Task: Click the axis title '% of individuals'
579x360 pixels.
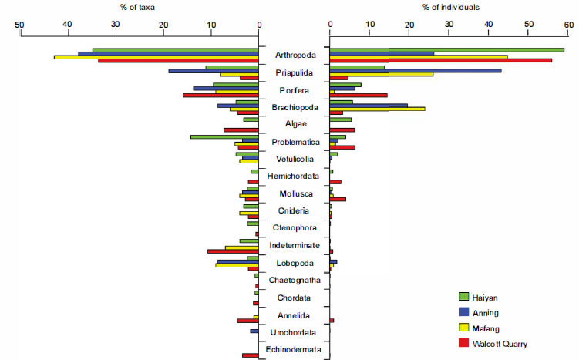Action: (x=450, y=7)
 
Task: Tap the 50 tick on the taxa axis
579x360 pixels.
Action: (x=21, y=24)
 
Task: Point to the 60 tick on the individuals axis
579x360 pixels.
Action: (x=568, y=24)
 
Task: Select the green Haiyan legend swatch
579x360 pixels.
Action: (x=464, y=296)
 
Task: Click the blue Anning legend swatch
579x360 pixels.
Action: (x=464, y=311)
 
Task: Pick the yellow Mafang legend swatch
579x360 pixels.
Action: (x=464, y=327)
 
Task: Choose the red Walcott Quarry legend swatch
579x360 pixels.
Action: (x=464, y=342)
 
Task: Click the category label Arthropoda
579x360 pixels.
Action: (x=294, y=56)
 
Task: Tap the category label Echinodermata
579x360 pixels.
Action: (x=294, y=349)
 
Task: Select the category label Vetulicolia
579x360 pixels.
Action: (x=294, y=159)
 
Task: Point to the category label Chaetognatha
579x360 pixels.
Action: (x=294, y=280)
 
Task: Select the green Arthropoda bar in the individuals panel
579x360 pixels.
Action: (x=446, y=50)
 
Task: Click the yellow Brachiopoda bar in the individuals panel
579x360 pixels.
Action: (x=377, y=109)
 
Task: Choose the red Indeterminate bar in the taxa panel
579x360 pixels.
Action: (x=233, y=251)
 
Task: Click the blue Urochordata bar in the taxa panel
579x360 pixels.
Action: (x=254, y=331)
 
